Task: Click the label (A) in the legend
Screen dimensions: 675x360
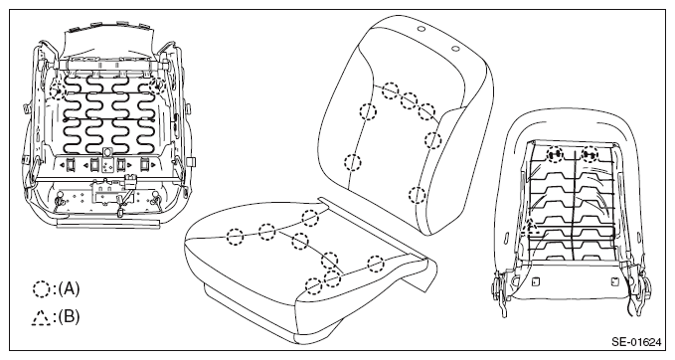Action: (70, 288)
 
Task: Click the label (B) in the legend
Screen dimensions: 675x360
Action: (70, 317)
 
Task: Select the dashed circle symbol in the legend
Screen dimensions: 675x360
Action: (42, 289)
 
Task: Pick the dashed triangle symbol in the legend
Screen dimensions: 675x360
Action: (42, 318)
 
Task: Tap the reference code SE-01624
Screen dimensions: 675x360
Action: (636, 342)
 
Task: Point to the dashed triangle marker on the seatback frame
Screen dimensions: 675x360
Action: (531, 227)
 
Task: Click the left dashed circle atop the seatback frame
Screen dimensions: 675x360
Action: (555, 154)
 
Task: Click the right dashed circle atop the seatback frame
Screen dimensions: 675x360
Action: (590, 154)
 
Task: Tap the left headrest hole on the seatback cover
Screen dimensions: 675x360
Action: (422, 29)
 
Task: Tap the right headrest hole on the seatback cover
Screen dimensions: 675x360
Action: (455, 48)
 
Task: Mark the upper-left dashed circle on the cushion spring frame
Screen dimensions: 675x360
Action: (58, 90)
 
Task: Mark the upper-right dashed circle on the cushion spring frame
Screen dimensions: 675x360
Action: (156, 86)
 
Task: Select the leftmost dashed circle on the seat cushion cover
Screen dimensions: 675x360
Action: (235, 237)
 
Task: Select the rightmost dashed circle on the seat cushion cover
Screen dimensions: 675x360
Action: (376, 264)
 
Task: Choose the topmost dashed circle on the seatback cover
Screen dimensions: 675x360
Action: (391, 90)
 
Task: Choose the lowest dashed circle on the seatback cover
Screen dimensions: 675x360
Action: (417, 195)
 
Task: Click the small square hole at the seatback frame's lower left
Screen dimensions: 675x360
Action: (535, 282)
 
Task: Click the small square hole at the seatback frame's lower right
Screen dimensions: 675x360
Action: (614, 282)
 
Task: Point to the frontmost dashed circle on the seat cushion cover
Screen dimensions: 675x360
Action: (314, 286)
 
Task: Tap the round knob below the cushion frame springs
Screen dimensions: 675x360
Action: (107, 152)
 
